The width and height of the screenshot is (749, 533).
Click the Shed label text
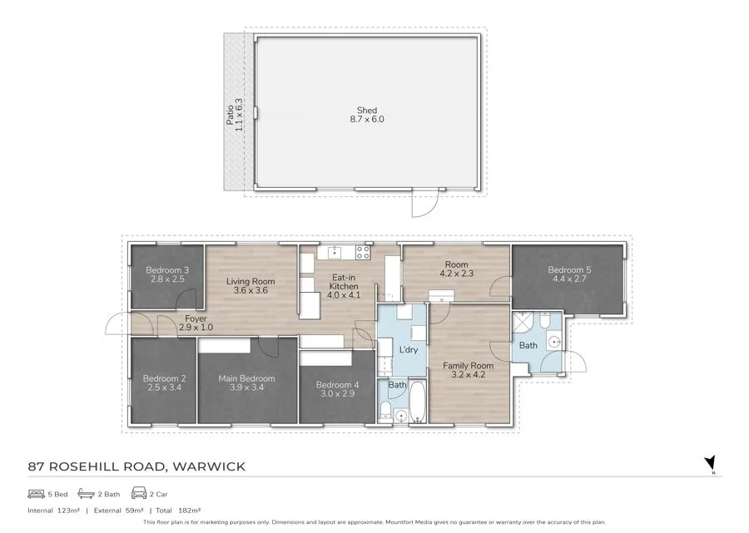click(367, 115)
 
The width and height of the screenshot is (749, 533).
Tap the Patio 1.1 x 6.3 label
click(235, 115)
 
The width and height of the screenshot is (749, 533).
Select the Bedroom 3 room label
click(167, 274)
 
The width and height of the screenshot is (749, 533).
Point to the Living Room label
click(250, 286)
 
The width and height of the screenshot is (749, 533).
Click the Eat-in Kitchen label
click(344, 286)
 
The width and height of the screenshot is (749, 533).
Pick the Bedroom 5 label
click(569, 274)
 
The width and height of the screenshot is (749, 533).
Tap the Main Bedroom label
click(246, 382)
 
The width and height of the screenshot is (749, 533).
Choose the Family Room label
click(468, 370)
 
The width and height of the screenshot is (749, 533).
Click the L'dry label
click(409, 349)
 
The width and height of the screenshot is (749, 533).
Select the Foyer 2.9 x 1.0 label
click(196, 323)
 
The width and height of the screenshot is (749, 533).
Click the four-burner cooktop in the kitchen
click(363, 252)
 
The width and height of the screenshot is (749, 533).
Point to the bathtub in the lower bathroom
click(418, 402)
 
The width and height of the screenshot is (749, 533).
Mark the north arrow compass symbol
click(710, 464)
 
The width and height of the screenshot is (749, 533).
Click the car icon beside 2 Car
click(138, 493)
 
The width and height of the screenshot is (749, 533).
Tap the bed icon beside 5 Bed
click(36, 493)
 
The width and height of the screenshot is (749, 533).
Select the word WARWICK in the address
click(209, 466)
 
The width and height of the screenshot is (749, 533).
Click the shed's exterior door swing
click(425, 205)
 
